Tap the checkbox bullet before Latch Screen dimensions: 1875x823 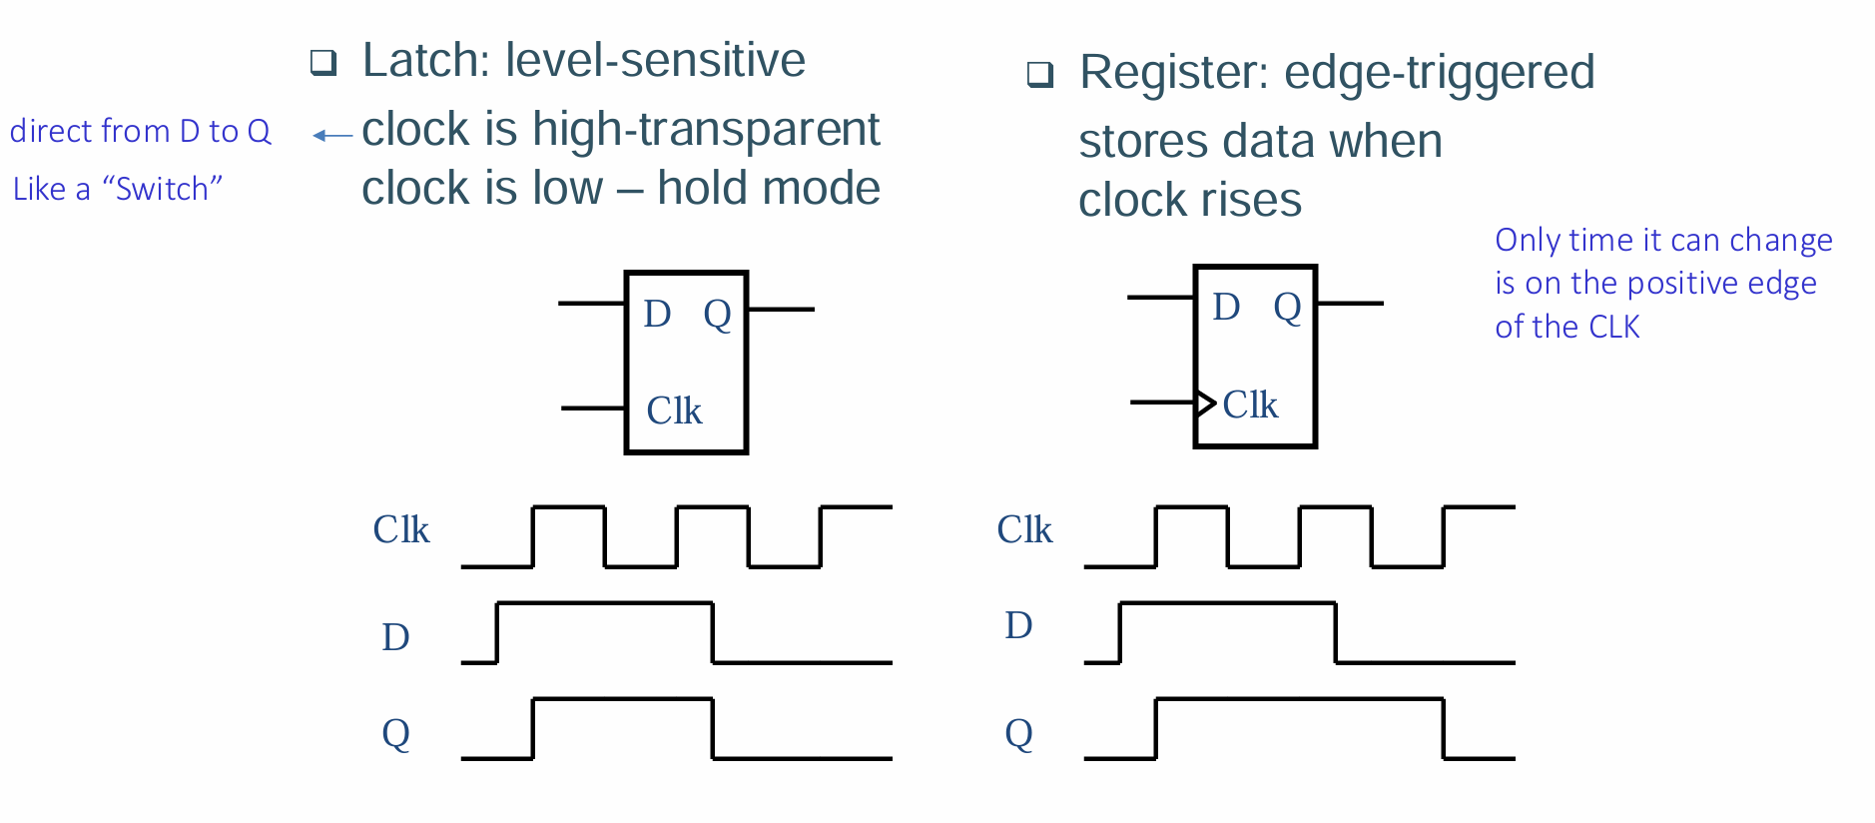[323, 62]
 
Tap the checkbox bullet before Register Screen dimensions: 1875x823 [1040, 74]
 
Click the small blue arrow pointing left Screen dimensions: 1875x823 [332, 135]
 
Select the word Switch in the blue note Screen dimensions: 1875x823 [162, 189]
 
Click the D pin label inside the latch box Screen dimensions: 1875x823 [657, 314]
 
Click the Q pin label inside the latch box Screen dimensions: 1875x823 [718, 316]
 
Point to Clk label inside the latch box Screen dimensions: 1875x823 [674, 411]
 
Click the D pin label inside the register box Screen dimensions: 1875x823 [1226, 307]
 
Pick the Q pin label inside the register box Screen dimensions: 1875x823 [1287, 309]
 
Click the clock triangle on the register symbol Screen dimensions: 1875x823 [1206, 404]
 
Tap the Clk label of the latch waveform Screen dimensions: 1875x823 [401, 529]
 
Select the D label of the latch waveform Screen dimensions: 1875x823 [395, 637]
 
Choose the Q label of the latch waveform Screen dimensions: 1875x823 [396, 735]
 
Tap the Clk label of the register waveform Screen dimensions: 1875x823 [1024, 529]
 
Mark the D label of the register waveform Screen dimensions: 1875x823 [1018, 625]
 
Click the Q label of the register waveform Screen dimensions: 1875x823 [1019, 735]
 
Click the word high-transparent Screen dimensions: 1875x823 [706, 130]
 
